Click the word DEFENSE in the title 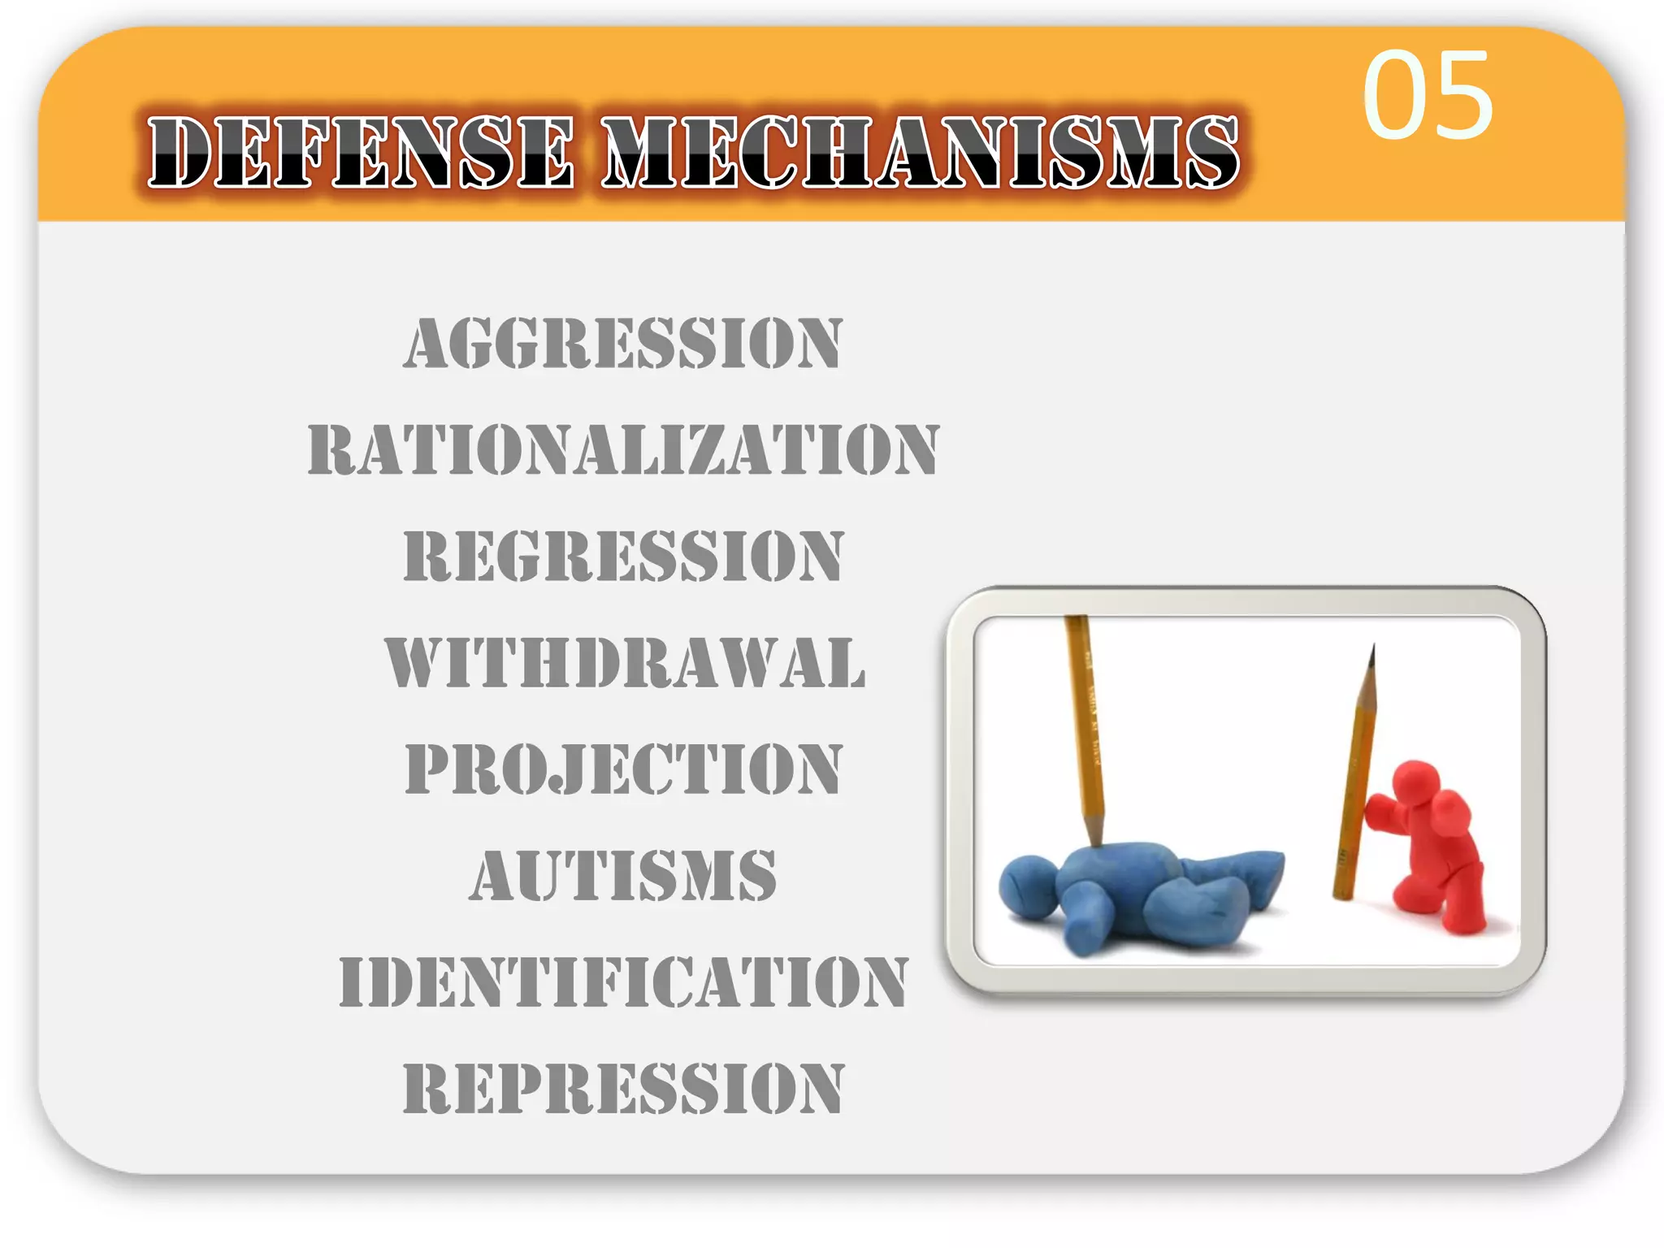[x=361, y=152]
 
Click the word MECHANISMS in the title [x=921, y=152]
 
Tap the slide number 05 [x=1428, y=95]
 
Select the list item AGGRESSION [x=623, y=343]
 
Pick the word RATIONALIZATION [x=623, y=449]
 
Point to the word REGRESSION [x=623, y=556]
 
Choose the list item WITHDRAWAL [x=623, y=662]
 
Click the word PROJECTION [x=623, y=769]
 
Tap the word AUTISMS [x=623, y=875]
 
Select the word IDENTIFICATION [x=623, y=981]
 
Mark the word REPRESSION [x=623, y=1088]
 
